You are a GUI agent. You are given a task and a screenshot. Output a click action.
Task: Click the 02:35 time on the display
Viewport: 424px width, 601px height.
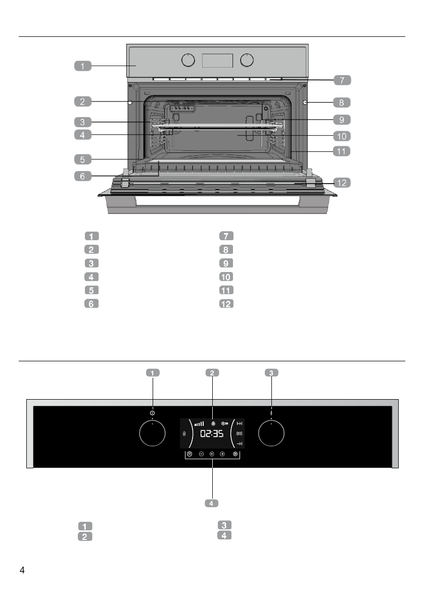(212, 434)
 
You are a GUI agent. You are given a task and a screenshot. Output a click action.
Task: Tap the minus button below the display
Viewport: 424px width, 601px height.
(201, 454)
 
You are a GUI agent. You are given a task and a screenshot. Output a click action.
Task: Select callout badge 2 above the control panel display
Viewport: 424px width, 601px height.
(212, 373)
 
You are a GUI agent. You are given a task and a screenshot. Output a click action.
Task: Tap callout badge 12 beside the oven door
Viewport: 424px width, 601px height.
(342, 183)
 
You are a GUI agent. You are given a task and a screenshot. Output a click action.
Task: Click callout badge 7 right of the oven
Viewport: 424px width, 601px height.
(342, 80)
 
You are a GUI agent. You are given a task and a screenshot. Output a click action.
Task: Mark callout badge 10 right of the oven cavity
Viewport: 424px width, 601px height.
(342, 136)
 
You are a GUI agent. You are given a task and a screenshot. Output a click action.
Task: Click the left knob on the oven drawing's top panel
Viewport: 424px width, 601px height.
(187, 61)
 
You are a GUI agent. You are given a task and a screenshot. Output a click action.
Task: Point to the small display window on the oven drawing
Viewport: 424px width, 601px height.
(217, 61)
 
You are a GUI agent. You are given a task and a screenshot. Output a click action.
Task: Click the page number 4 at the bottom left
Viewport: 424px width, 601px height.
(22, 571)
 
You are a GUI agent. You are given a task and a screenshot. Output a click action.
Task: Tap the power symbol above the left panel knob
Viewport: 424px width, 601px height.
(152, 413)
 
